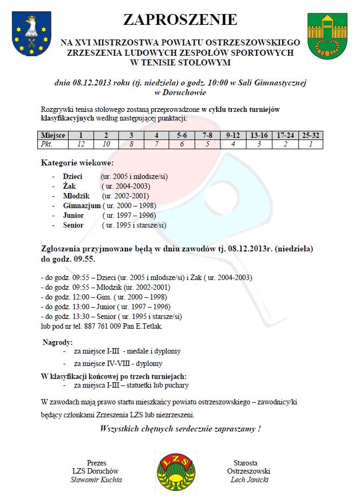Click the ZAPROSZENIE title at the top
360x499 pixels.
[180, 20]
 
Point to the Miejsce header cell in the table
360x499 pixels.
[54, 135]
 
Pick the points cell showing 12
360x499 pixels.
[81, 144]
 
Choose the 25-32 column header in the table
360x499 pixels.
[311, 135]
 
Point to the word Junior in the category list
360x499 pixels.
[74, 215]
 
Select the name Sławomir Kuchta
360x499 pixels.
[96, 480]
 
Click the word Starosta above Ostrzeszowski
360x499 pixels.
[245, 463]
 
